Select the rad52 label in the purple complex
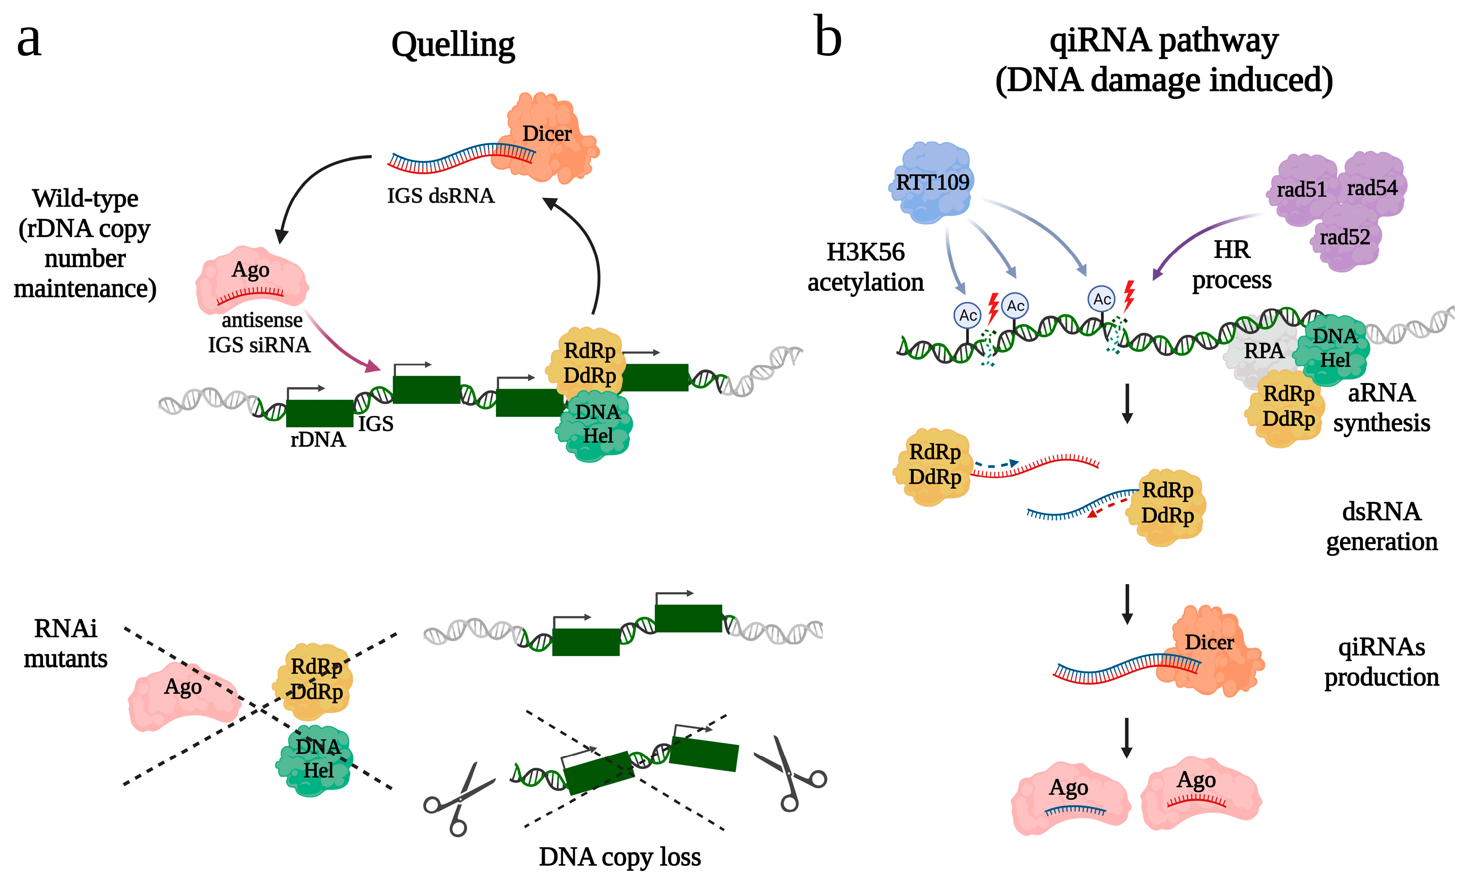pos(1345,237)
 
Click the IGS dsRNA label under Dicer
pos(440,196)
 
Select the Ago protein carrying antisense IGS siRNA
pos(252,280)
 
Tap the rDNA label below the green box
pos(318,440)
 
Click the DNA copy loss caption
pos(619,857)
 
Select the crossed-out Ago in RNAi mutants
pos(183,696)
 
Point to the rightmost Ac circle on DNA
pos(1102,299)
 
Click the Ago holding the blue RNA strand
pos(1070,798)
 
